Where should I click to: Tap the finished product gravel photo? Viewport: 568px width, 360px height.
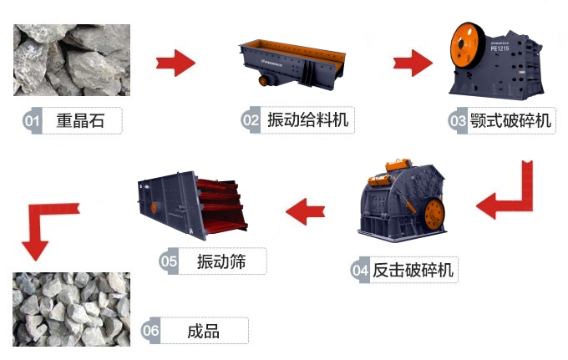[x=71, y=308]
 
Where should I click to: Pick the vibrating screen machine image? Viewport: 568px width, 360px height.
[x=193, y=205]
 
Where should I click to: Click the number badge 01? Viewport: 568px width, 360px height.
[x=33, y=121]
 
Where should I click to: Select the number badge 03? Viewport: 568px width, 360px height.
[x=458, y=121]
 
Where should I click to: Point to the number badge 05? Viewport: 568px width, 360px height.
[x=170, y=261]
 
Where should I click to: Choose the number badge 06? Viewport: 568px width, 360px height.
[x=151, y=331]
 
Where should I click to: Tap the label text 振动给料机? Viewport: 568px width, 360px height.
[x=307, y=120]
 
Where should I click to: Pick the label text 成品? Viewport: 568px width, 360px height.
[x=204, y=331]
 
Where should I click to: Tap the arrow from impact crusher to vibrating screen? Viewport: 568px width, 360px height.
[x=306, y=210]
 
